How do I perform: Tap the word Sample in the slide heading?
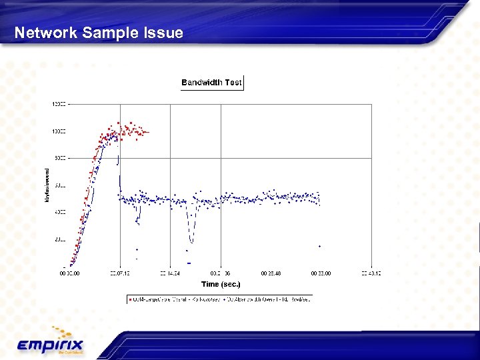tap(107, 33)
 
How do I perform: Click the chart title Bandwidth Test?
tap(212, 83)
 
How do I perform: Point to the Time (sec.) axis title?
tap(221, 284)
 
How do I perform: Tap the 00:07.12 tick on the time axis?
tap(121, 273)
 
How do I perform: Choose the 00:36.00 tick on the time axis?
tap(321, 273)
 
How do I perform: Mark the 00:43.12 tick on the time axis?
tap(371, 273)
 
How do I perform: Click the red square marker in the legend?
tap(129, 299)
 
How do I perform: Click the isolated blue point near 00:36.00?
tap(319, 246)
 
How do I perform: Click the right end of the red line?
tap(148, 132)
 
